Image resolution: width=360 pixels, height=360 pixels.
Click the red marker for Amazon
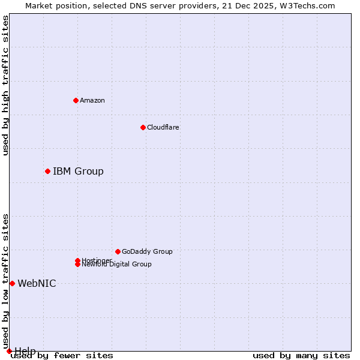coord(76,100)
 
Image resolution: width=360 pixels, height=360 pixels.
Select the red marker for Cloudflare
coord(143,127)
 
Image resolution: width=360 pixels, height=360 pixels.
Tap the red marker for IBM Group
coord(47,172)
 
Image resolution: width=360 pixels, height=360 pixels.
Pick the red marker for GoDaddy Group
coord(118,251)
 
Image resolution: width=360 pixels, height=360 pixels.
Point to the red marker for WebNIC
coord(12,283)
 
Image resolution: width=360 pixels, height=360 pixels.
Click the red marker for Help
coord(9,351)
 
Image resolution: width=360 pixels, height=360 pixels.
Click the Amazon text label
coord(92,100)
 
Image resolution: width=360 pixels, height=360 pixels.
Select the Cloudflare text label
coord(163,127)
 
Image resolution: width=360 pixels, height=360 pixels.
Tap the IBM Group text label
coord(78,172)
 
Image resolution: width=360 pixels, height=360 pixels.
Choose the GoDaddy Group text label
coord(147,251)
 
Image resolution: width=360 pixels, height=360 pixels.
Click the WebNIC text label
coord(37,283)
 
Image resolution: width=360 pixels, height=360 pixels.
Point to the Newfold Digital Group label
coord(116,264)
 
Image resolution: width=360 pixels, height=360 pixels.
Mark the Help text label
coord(25,350)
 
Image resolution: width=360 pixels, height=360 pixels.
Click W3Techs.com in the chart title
coord(305,5)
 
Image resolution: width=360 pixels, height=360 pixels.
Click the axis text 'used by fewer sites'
coord(62,355)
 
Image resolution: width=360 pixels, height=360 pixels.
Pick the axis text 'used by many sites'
coord(301,355)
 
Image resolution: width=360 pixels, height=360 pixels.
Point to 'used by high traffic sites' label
coord(5,85)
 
